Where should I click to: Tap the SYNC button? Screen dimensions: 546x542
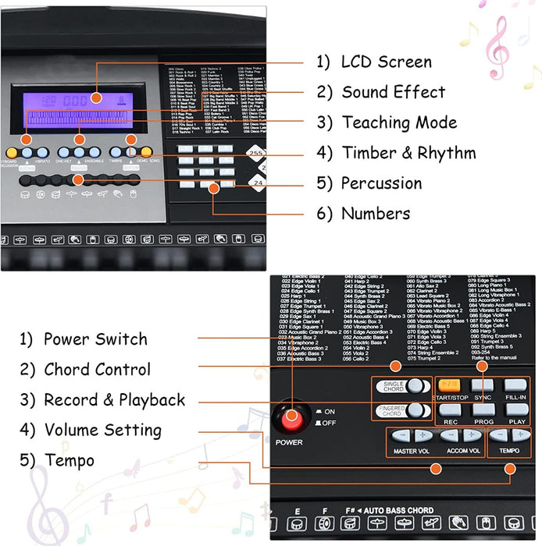coord(482,385)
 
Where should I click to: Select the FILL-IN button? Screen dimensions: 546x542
coord(515,385)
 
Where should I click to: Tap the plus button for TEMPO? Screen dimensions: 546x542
coord(519,435)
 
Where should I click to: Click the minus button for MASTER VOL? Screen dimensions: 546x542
coord(401,435)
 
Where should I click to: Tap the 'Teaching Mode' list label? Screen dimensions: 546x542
coord(398,122)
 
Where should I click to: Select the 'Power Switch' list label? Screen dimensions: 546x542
coord(95,339)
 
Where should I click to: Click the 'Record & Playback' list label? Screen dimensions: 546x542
coord(114,400)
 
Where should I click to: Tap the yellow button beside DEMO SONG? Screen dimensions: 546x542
coord(146,152)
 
